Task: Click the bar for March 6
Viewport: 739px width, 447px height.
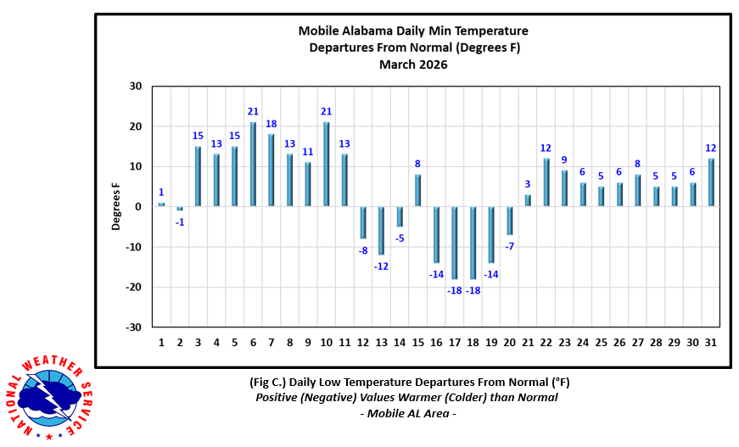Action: (x=253, y=164)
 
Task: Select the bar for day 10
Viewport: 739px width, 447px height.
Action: (x=327, y=164)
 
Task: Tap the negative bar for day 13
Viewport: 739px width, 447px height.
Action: (x=382, y=230)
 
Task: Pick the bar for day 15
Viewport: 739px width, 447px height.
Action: (x=418, y=190)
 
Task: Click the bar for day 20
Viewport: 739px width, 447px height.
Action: (x=510, y=221)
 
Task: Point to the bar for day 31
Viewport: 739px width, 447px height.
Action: (x=711, y=182)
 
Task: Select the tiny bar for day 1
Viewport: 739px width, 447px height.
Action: (x=161, y=204)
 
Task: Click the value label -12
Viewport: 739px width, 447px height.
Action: (x=382, y=266)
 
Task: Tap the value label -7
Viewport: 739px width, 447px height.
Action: (x=510, y=246)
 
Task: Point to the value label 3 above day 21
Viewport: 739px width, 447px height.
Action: (x=528, y=184)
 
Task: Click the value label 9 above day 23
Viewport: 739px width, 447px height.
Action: (x=564, y=159)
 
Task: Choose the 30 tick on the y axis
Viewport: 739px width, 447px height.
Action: (x=136, y=87)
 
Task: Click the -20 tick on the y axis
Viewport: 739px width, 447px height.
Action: (x=133, y=288)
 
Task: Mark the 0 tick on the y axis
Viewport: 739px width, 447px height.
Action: (x=139, y=207)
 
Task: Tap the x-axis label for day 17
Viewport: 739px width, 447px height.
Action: (x=455, y=342)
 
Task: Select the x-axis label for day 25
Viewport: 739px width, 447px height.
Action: (x=601, y=342)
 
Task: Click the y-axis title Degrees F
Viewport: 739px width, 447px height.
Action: (x=116, y=207)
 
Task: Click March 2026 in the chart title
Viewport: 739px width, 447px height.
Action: (x=413, y=64)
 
